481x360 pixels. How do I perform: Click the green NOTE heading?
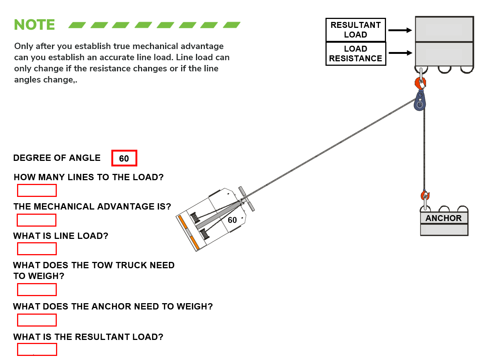[x=35, y=25]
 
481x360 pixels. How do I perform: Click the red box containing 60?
[x=124, y=158]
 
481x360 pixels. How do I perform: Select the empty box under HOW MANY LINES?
[x=37, y=191]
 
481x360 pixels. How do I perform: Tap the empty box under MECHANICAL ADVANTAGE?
[x=37, y=220]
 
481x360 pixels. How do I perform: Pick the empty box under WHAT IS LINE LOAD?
[x=37, y=249]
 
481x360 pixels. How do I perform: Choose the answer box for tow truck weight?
[x=37, y=289]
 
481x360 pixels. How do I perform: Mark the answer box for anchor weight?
[x=37, y=320]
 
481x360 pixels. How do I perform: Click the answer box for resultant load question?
[x=37, y=350]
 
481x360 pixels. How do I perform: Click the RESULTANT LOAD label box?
[x=356, y=30]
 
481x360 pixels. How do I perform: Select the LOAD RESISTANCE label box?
[x=356, y=54]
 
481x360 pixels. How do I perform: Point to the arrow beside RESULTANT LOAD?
[x=400, y=30]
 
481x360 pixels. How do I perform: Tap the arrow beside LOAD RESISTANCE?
[x=400, y=53]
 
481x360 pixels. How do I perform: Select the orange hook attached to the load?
[x=421, y=82]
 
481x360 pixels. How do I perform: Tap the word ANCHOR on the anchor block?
[x=444, y=218]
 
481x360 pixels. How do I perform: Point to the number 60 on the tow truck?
[x=232, y=220]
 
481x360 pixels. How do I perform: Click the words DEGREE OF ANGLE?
[x=57, y=158]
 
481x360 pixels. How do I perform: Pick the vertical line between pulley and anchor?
[x=424, y=149]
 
